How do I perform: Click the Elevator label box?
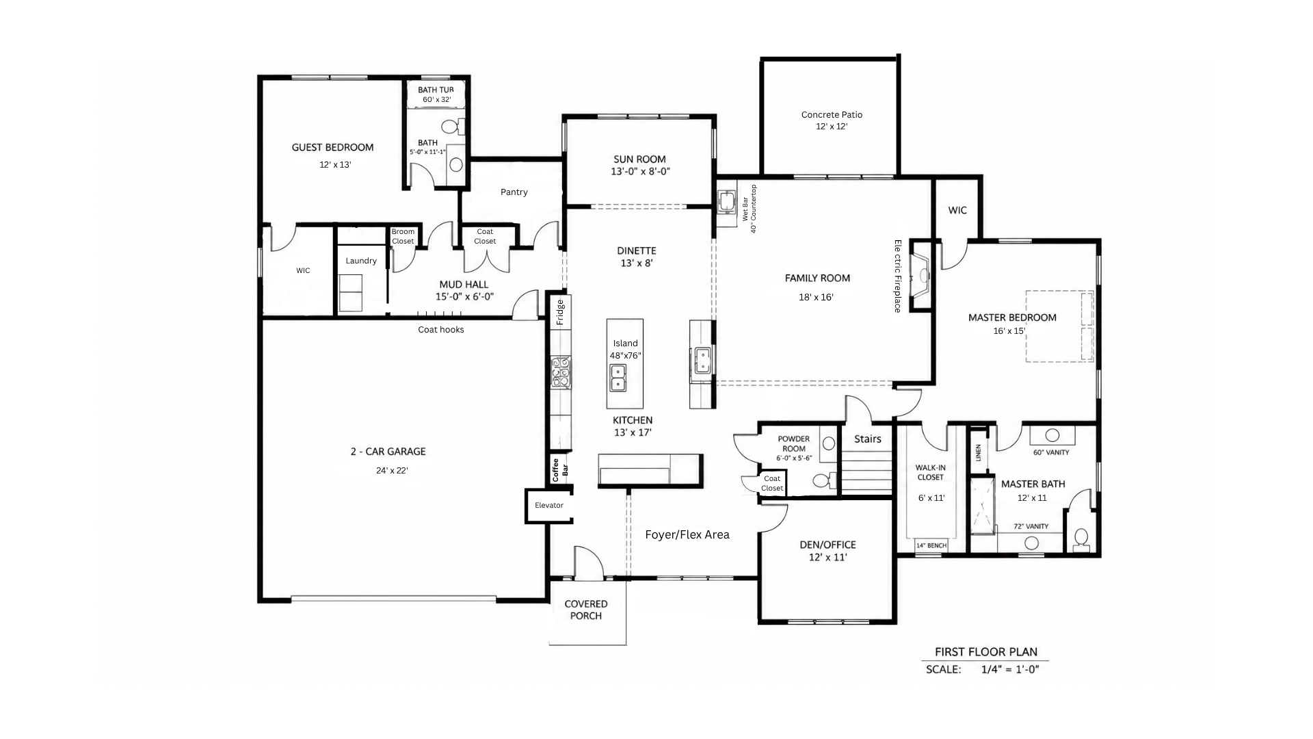click(x=549, y=506)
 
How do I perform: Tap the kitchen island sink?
click(x=618, y=378)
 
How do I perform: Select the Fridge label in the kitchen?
click(x=560, y=312)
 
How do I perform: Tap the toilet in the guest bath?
click(x=453, y=127)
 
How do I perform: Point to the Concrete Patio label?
click(x=832, y=120)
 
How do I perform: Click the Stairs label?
click(x=868, y=439)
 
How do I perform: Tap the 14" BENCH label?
click(x=931, y=545)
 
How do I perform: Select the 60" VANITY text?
click(x=1051, y=452)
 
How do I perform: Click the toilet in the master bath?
click(x=1081, y=539)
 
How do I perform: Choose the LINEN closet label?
click(x=978, y=452)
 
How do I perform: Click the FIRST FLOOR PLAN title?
click(x=986, y=652)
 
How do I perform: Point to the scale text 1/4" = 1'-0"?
click(x=1010, y=669)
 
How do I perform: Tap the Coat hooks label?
click(x=441, y=330)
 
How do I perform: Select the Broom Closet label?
click(x=403, y=236)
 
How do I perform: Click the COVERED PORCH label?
click(x=586, y=610)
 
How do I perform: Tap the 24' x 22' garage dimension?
click(x=392, y=471)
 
